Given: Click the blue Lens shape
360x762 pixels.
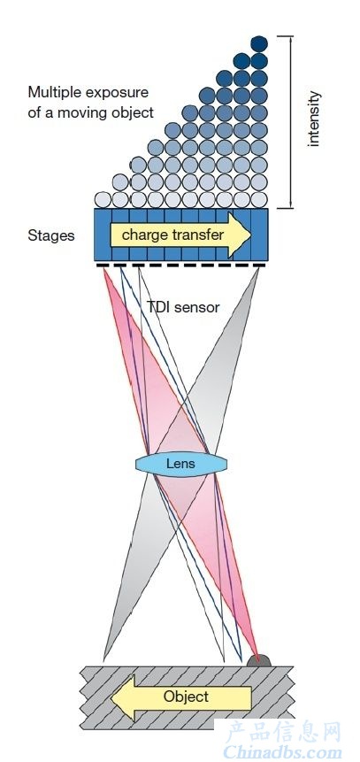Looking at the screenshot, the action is [x=181, y=464].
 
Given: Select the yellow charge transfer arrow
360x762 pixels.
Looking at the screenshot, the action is [x=180, y=235].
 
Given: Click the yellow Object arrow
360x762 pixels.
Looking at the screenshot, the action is [x=181, y=697].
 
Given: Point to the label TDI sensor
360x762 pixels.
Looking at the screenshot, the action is [x=183, y=307].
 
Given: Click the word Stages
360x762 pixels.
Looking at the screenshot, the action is [x=51, y=236].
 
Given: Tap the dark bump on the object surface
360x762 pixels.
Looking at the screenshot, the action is [x=258, y=660].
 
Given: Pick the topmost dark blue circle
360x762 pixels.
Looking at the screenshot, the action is [x=259, y=44].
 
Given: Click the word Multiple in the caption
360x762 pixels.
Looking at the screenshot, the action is [x=52, y=92].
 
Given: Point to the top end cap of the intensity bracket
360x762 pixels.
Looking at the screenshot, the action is [x=285, y=36].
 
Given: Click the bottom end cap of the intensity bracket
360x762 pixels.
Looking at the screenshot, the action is [x=285, y=208].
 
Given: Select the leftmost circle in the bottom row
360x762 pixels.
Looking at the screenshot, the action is [x=103, y=200].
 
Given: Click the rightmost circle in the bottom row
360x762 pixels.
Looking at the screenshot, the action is [x=259, y=200].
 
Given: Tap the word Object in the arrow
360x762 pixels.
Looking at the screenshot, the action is [x=186, y=697].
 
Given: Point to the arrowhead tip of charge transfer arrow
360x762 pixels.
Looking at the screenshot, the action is [x=251, y=235].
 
